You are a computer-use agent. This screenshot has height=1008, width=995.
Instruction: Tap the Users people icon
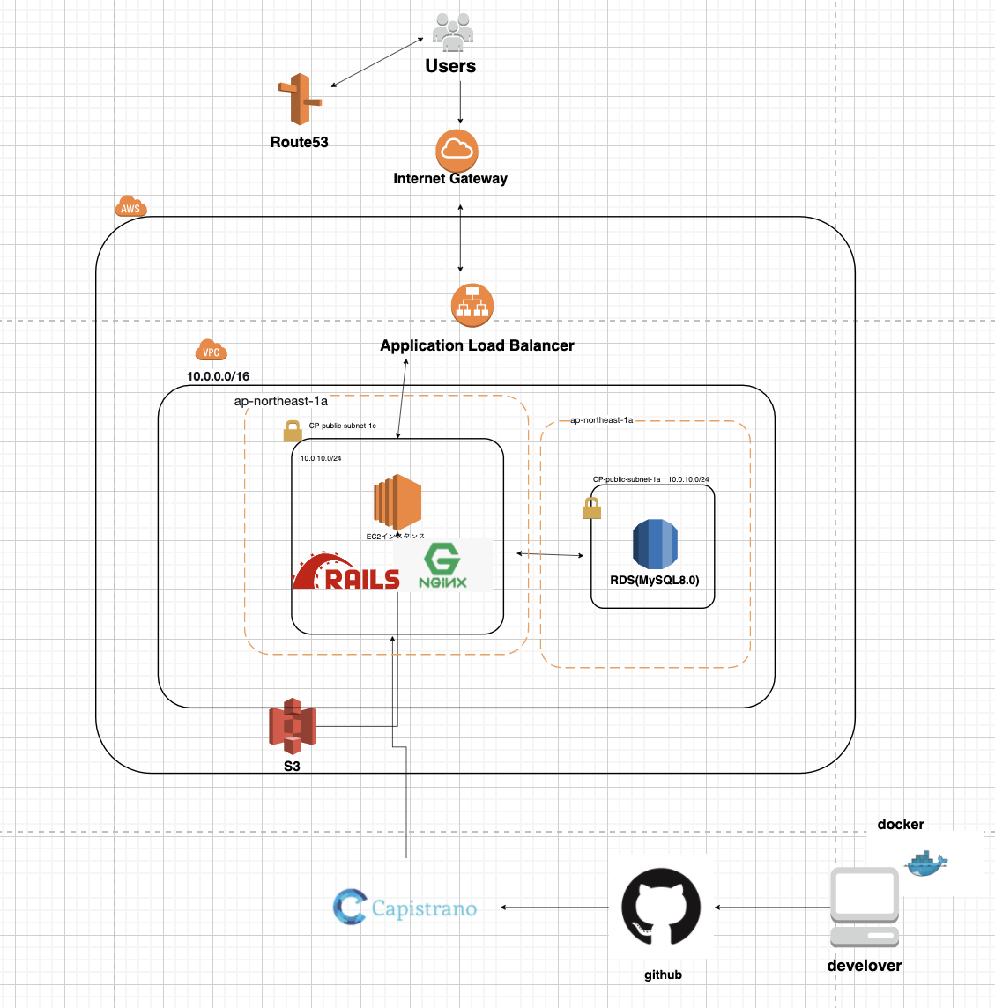452,33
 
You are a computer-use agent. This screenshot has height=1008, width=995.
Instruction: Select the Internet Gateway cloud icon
457,150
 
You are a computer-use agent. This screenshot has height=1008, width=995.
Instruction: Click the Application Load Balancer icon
472,306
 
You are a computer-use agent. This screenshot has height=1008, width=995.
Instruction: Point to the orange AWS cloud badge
130,207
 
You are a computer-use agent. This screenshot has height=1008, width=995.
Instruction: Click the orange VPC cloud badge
211,351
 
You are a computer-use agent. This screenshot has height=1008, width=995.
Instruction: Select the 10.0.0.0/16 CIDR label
218,376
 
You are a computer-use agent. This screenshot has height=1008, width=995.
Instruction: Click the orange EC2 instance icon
397,502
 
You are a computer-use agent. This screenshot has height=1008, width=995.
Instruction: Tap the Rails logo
345,572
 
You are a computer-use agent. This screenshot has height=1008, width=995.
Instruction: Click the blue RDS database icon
654,544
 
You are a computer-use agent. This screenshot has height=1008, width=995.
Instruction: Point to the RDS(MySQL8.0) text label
654,580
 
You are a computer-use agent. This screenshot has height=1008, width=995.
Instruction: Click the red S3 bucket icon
292,727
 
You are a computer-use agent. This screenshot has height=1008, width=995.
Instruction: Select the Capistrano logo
405,908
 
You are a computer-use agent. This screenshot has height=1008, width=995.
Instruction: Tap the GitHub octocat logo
661,908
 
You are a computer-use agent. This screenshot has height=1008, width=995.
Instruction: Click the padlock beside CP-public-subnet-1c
293,431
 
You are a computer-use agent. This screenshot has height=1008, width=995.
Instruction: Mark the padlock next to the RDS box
591,508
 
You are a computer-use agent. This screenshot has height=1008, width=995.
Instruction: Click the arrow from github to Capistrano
555,908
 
